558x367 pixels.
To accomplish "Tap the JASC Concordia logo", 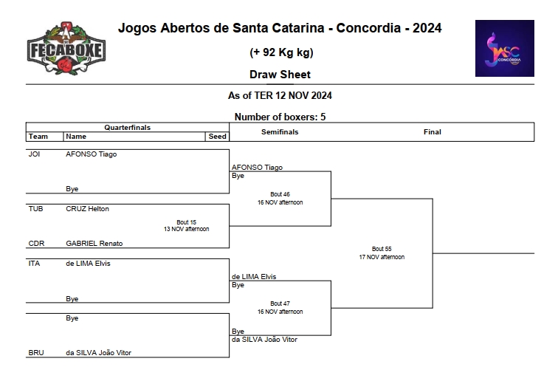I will (x=504, y=48).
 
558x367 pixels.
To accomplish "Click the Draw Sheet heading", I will (x=280, y=75).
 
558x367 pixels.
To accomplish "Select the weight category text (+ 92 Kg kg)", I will (x=280, y=52).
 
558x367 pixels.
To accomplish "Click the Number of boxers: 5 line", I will (x=280, y=117).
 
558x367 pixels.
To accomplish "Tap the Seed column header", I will (x=217, y=137).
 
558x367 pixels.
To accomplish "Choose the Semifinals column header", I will (x=280, y=132).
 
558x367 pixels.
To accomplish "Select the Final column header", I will (x=433, y=132).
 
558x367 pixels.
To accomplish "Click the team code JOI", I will (x=34, y=154).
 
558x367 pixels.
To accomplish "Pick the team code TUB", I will (x=35, y=209).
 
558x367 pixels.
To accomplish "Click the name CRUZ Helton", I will (x=87, y=209).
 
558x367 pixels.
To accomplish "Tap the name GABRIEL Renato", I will (x=94, y=244).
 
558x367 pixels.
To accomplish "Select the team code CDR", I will (x=35, y=244).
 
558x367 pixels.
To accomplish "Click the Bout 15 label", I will (x=186, y=222).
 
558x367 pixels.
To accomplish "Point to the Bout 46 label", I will (x=280, y=195).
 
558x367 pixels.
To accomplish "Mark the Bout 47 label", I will (x=280, y=303).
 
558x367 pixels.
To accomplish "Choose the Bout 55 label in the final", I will (x=382, y=249).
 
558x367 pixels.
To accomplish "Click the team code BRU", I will (x=35, y=353).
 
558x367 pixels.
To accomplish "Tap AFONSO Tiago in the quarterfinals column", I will (x=91, y=154).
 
